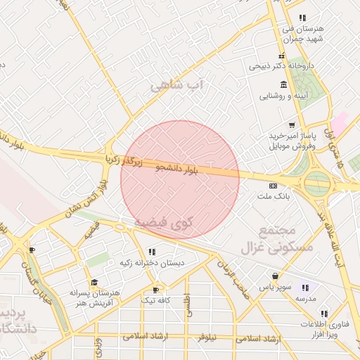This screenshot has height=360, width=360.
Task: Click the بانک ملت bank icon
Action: [273, 186]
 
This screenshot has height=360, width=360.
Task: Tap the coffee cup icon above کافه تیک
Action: [155, 289]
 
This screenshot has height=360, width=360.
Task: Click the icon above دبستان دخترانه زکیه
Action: [151, 252]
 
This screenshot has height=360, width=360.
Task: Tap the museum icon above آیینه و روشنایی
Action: [283, 84]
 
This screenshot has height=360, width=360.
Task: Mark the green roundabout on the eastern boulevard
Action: [317, 184]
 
